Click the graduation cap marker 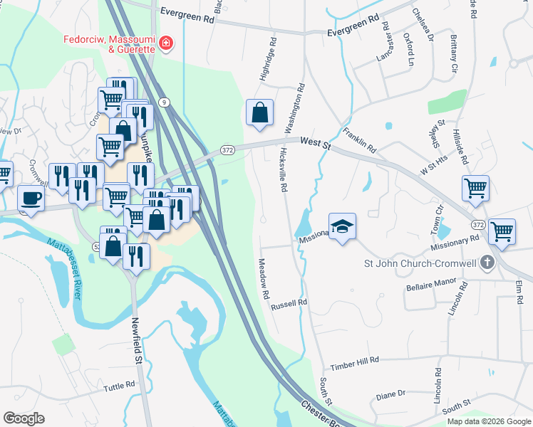343,226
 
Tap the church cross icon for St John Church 487,263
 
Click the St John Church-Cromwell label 420,264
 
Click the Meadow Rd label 264,278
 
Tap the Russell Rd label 289,304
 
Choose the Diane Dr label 390,393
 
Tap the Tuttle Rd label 119,386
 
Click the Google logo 24,418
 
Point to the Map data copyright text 488,421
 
